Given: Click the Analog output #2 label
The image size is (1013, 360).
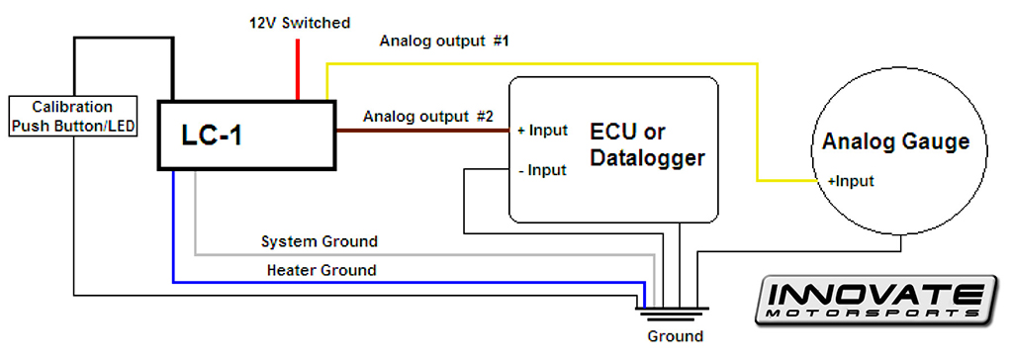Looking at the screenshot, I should click(427, 116).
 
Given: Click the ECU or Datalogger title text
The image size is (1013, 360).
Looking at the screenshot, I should click(647, 144).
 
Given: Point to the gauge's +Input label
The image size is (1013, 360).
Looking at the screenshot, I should click(851, 181).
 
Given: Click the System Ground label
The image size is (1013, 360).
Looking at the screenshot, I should click(319, 241).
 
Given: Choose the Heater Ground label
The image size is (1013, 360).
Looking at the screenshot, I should click(321, 269).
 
